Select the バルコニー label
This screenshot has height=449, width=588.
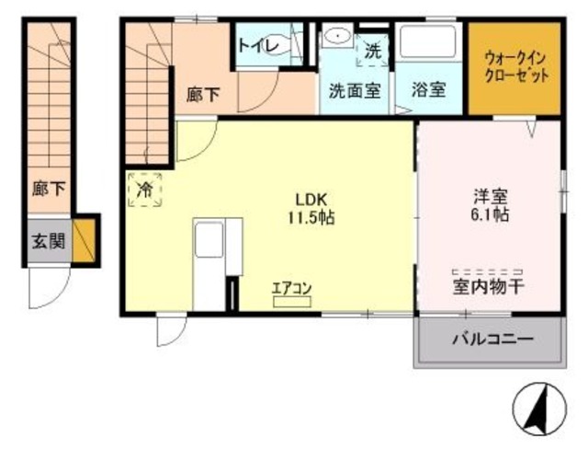(492, 340)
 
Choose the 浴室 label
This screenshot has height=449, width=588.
(428, 91)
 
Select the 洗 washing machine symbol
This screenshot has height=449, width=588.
(371, 52)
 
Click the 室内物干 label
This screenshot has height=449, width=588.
(486, 288)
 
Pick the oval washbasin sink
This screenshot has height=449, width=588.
(338, 38)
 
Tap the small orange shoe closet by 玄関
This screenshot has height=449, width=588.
(85, 241)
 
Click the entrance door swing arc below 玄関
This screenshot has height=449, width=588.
(48, 288)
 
